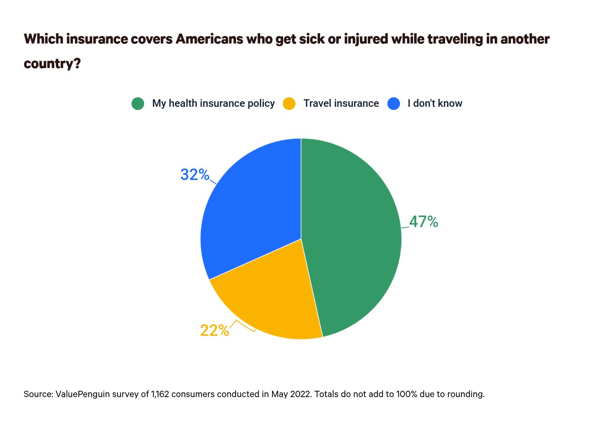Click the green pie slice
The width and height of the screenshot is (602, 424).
coord(352,237)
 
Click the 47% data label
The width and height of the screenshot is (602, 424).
coord(423,222)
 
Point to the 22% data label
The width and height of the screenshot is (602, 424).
coord(214,330)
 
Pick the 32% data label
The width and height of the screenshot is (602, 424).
coord(194,174)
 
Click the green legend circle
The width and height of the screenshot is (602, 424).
coord(138,104)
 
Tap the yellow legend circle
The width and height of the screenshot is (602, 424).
coord(289,104)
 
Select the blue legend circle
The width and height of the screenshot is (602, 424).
coord(394,104)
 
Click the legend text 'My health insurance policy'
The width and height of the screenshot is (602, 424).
coord(213,104)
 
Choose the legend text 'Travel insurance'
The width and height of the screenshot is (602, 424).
coord(341,104)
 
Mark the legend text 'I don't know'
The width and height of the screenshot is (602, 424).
coord(435,104)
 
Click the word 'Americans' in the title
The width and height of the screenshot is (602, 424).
coord(209,39)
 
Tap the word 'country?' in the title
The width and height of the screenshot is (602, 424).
coord(52,64)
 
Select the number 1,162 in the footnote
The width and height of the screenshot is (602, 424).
coord(160,394)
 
